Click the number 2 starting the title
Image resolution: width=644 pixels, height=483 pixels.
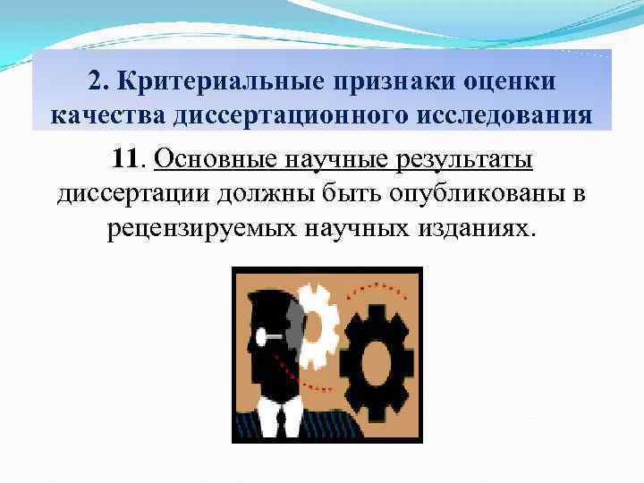coord(96,81)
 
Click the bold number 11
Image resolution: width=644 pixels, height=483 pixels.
coord(129,160)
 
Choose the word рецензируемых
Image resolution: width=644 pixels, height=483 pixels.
coord(202,228)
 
